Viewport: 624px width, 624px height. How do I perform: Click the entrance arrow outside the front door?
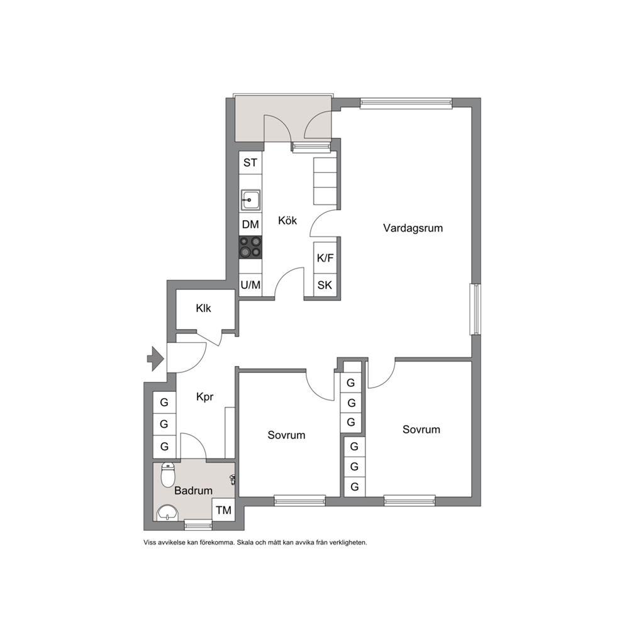coord(155,359)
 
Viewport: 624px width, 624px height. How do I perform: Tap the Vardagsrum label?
coord(413,228)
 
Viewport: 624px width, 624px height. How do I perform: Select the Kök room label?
coord(287,220)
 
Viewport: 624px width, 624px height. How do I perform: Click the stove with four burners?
coord(250,247)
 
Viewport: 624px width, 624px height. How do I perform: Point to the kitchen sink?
coord(250,200)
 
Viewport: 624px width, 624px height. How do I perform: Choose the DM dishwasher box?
coord(250,225)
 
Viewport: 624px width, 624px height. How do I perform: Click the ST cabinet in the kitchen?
coord(250,162)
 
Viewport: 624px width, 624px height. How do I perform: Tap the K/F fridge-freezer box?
coord(325,258)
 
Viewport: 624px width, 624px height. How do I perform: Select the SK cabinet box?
coord(325,285)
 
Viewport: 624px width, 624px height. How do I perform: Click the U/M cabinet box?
coord(250,285)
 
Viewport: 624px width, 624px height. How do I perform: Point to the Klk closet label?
coord(203,308)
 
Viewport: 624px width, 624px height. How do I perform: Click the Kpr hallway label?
coord(205,397)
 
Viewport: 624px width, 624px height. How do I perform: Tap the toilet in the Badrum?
coord(168,475)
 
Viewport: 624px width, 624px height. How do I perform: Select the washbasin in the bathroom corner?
coord(167,513)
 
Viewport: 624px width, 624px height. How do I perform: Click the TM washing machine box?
coord(223,510)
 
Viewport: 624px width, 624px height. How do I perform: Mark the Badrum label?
coord(193,491)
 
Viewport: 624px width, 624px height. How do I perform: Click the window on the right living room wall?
coord(475,309)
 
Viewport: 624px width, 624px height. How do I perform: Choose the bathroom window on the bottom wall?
coord(198,525)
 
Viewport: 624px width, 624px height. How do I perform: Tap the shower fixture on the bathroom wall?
coord(232,479)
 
